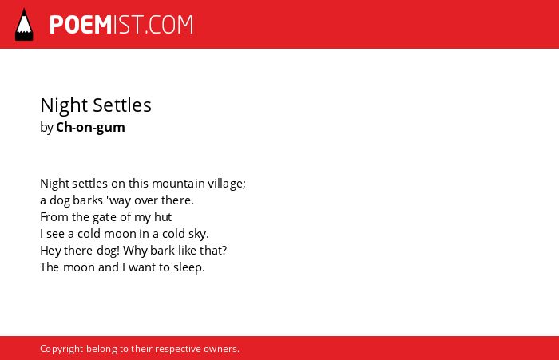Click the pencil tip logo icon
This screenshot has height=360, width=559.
(x=24, y=25)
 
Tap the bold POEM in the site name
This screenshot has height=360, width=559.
(x=81, y=25)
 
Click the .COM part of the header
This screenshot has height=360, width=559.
(x=169, y=25)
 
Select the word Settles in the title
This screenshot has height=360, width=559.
(x=122, y=105)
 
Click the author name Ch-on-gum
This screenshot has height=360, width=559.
(x=90, y=128)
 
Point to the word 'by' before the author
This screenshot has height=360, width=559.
(x=46, y=128)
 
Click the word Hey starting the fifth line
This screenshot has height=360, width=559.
(x=50, y=251)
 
